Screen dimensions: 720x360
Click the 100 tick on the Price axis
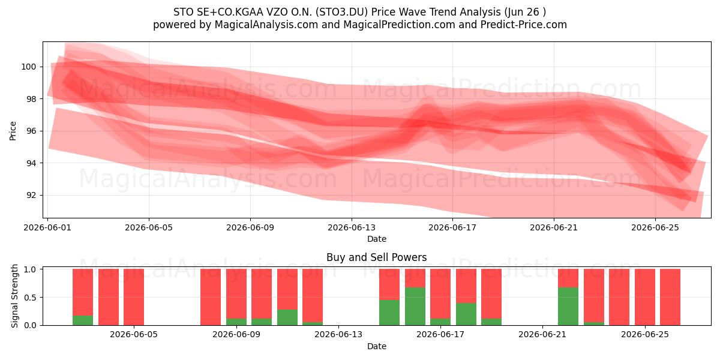(x=28, y=67)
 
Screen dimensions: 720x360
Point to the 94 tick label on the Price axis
(x=31, y=163)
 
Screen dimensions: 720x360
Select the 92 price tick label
(x=31, y=196)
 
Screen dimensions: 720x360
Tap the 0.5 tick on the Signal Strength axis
(x=30, y=298)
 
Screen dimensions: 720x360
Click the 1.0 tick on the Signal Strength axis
(x=30, y=269)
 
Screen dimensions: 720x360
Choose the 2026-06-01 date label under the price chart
(x=47, y=227)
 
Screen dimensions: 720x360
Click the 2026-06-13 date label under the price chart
(x=352, y=227)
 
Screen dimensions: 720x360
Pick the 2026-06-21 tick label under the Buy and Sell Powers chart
(x=542, y=335)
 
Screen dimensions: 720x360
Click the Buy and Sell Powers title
(x=376, y=257)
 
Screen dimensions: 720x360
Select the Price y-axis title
(x=13, y=131)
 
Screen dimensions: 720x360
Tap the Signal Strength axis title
(x=14, y=296)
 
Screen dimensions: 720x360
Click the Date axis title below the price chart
(x=377, y=239)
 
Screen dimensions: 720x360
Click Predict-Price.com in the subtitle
(x=524, y=25)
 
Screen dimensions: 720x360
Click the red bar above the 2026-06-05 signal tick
(x=134, y=297)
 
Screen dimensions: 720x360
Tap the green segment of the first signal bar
(x=83, y=320)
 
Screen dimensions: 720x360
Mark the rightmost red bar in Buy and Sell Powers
(x=670, y=297)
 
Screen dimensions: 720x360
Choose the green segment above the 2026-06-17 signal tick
(x=440, y=322)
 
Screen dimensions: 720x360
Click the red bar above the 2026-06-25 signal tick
(x=645, y=297)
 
